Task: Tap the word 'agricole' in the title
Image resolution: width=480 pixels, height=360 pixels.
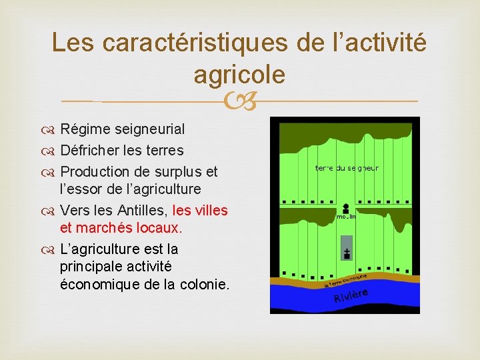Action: point(239,75)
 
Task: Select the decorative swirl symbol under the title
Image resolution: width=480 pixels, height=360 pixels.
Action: point(239,102)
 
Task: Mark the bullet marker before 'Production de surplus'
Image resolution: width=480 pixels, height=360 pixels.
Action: point(51,172)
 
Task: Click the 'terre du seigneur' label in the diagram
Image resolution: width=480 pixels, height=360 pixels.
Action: point(347,168)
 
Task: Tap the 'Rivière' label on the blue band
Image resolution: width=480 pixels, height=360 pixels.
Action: point(351,295)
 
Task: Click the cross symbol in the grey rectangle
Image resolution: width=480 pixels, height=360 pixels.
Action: point(347,253)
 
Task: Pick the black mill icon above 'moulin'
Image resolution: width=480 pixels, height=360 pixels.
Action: point(346,207)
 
